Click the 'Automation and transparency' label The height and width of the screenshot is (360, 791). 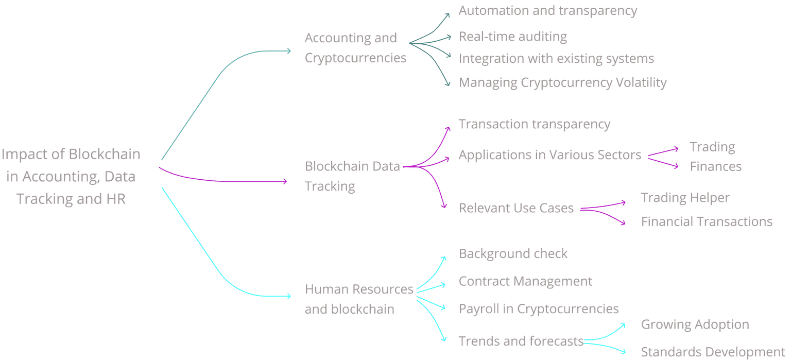click(x=548, y=11)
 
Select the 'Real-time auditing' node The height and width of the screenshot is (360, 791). click(x=513, y=37)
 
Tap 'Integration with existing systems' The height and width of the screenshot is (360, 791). click(x=556, y=59)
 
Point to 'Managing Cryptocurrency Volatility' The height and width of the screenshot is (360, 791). click(x=563, y=82)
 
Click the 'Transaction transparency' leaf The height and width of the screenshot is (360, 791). click(x=535, y=124)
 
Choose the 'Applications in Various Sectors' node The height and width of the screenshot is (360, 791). click(x=550, y=155)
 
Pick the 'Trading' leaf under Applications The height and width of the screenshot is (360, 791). click(x=713, y=147)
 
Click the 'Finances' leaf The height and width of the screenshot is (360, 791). click(x=716, y=166)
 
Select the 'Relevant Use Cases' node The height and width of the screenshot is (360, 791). click(x=516, y=208)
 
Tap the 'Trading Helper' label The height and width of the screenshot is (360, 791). click(x=685, y=198)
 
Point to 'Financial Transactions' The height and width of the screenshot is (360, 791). click(x=707, y=221)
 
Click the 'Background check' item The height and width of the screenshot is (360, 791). click(x=513, y=253)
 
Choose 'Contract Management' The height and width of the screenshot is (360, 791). click(x=525, y=281)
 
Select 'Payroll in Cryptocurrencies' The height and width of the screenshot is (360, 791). click(x=539, y=308)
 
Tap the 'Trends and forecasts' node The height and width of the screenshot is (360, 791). click(x=521, y=341)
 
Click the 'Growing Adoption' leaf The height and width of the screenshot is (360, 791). click(x=695, y=324)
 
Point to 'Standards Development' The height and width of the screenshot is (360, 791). click(x=713, y=352)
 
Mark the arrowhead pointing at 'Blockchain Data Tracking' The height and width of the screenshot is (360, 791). click(x=285, y=181)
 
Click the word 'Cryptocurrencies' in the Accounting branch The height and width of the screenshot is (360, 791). click(x=356, y=58)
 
